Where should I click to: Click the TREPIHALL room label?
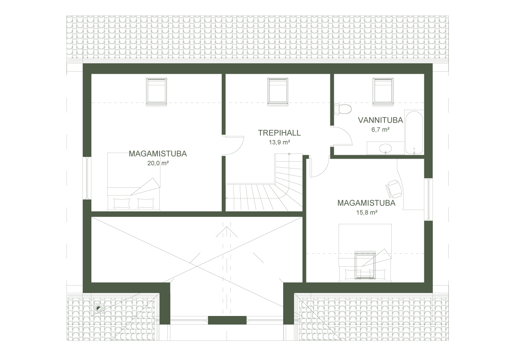click(279, 133)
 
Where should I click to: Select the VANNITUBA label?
click(380, 121)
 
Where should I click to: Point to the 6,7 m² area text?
click(380, 130)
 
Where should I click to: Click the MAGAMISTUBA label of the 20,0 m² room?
click(157, 153)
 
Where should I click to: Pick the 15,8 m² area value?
click(366, 211)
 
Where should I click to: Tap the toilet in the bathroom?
click(343, 110)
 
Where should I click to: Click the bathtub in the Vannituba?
click(415, 133)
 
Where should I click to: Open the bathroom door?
click(342, 136)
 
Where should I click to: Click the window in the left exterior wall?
click(87, 177)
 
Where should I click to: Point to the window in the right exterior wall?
click(428, 199)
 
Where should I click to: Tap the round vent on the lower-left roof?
click(99, 308)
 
